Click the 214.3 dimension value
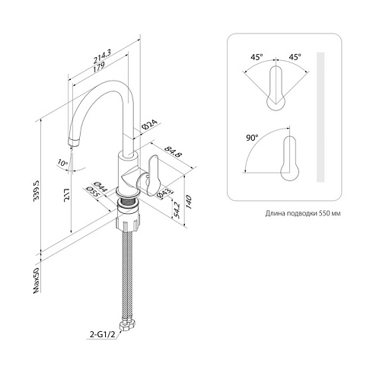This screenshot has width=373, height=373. coord(103,56)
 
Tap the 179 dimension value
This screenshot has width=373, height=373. coord(98,67)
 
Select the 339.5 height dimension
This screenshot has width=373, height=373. coord(37,190)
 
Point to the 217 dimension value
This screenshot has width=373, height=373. coord(67,195)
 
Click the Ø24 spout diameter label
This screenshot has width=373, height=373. coord(150,124)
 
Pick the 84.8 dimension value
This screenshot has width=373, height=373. coord(174,151)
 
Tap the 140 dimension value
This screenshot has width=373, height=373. coord(188,202)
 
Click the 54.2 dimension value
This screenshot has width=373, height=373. coord(177,210)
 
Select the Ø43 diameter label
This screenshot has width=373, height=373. coord(164,194)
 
